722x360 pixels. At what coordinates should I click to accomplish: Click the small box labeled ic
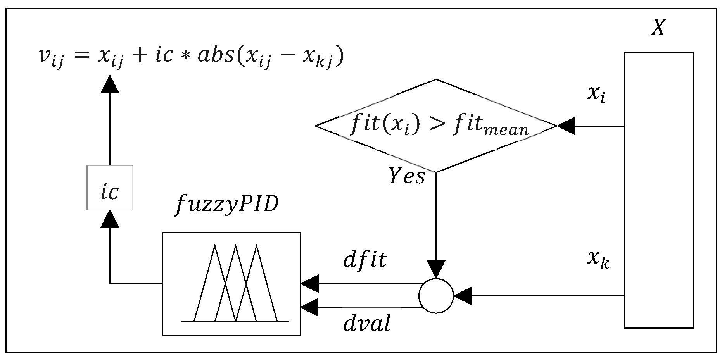coord(110,188)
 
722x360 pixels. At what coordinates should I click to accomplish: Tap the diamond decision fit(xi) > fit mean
coord(436,126)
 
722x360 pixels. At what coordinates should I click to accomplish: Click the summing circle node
coord(436,296)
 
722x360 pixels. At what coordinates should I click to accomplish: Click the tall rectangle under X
coord(659,190)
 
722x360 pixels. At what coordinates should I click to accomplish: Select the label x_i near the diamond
coord(596,95)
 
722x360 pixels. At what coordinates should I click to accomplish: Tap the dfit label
coord(365,260)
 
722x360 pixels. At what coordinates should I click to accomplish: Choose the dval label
coord(367,323)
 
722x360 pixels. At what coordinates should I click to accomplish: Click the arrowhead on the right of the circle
coord(463,296)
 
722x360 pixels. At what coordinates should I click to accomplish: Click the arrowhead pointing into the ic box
coord(110,219)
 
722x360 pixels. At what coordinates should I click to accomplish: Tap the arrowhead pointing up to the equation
coord(110,84)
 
